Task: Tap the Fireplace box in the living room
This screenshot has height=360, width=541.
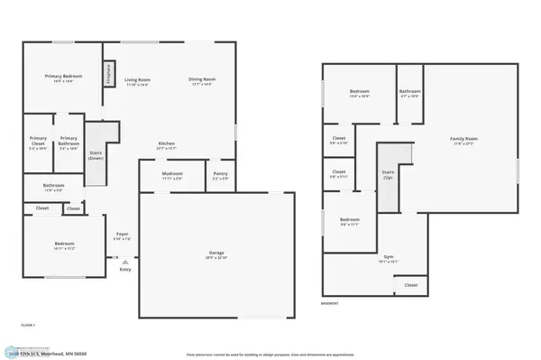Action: click(x=108, y=73)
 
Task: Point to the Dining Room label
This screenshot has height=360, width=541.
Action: click(x=201, y=79)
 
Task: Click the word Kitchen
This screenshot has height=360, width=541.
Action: click(x=167, y=143)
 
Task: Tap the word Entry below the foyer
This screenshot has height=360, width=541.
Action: click(x=124, y=268)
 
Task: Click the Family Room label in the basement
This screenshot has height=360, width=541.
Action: click(x=463, y=138)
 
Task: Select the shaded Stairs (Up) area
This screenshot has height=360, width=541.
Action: click(x=389, y=175)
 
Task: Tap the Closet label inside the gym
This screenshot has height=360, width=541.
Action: click(x=410, y=285)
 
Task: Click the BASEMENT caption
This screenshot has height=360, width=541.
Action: click(x=331, y=304)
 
